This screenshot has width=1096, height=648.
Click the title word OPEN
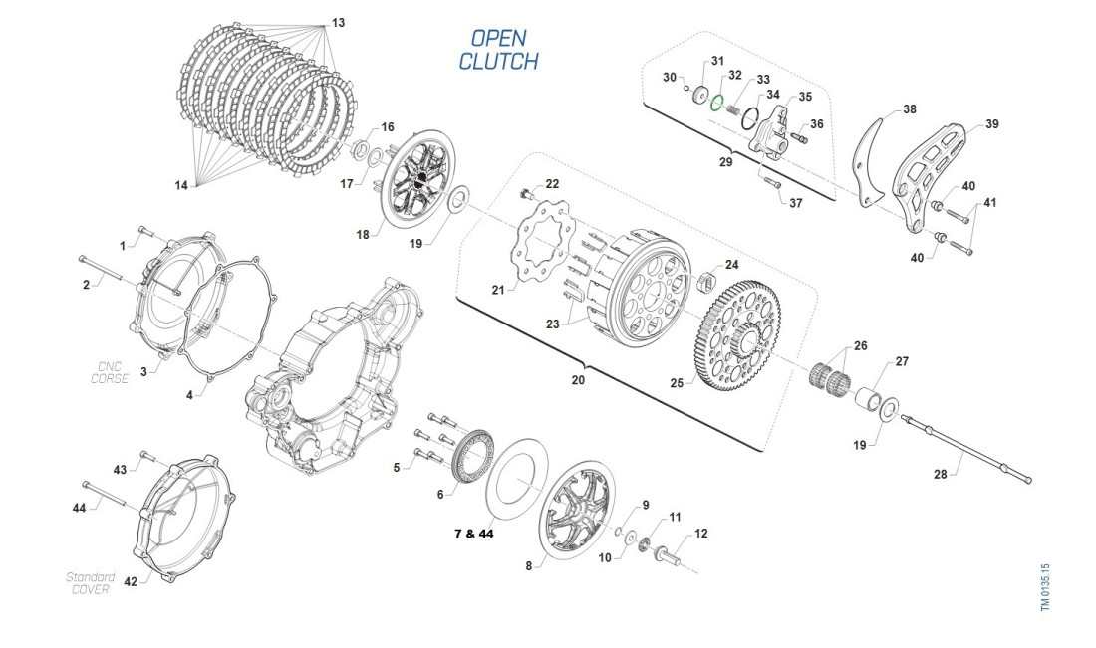(x=498, y=38)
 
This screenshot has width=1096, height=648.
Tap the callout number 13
(x=339, y=22)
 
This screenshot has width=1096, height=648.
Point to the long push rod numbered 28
(x=956, y=442)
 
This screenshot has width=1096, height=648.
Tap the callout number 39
(x=992, y=124)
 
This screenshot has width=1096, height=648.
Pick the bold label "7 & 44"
(x=473, y=534)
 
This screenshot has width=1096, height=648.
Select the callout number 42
(x=131, y=581)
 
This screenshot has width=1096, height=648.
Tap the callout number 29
(x=725, y=161)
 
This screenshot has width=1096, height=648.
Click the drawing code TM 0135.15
(x=1046, y=586)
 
